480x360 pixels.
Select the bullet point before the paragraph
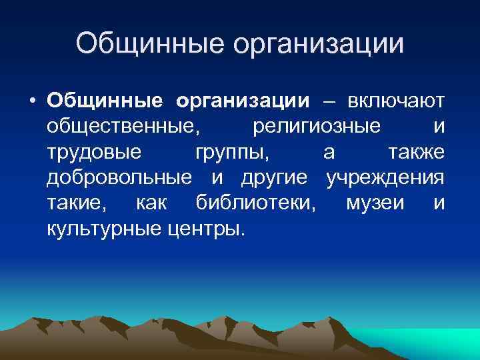tap(32, 102)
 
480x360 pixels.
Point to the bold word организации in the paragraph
tap(243, 102)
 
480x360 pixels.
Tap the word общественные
tap(126, 127)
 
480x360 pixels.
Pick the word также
tap(416, 153)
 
